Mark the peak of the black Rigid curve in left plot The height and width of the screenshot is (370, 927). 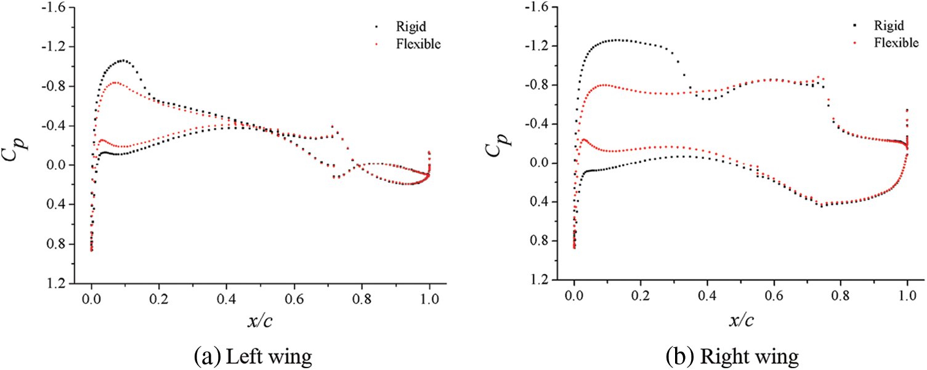click(x=123, y=60)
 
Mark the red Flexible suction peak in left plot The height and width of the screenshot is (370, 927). click(x=115, y=82)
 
